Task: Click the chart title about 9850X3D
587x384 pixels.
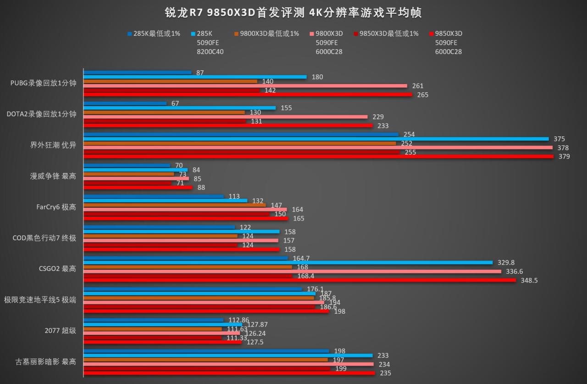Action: [x=293, y=12]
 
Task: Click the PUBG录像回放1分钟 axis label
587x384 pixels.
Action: [x=43, y=83]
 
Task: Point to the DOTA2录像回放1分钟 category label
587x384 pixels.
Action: [x=41, y=114]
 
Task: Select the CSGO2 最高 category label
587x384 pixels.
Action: [x=57, y=269]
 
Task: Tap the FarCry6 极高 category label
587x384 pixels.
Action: [x=56, y=207]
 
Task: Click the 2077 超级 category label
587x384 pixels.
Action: [x=60, y=330]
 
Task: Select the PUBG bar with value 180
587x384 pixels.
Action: [x=194, y=77]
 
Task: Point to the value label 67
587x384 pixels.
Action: [x=175, y=104]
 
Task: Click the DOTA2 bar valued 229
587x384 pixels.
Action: [x=225, y=117]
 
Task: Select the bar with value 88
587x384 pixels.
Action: [x=138, y=187]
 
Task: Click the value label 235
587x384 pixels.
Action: [x=385, y=373]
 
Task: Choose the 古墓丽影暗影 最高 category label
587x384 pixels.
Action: [x=46, y=361]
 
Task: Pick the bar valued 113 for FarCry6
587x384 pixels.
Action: [x=153, y=197]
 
